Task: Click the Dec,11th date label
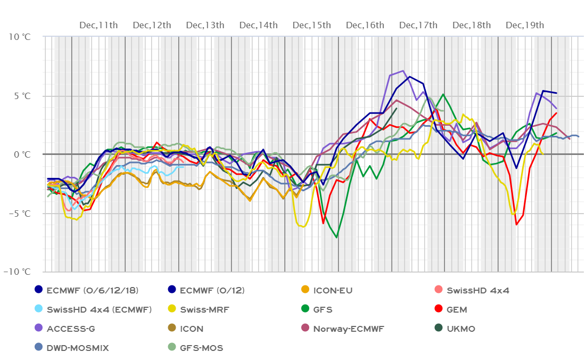(x=98, y=25)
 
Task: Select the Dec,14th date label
(x=258, y=25)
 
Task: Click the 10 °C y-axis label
(x=20, y=37)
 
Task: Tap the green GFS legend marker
(x=304, y=309)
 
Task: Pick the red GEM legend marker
(x=437, y=309)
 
